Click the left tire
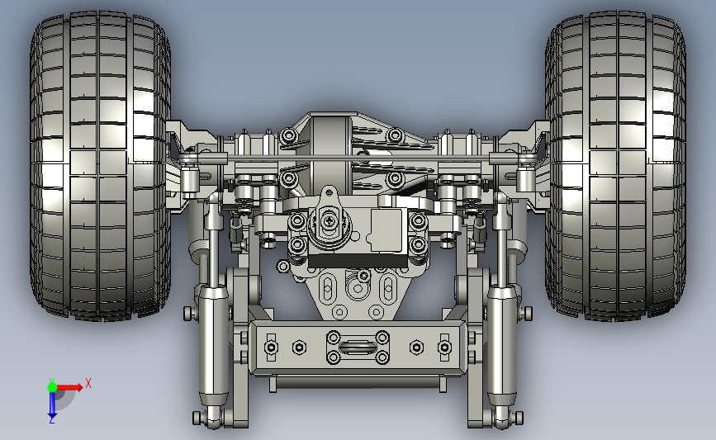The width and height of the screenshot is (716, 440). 101,165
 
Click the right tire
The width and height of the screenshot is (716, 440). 615,165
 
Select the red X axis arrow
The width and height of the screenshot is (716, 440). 69,387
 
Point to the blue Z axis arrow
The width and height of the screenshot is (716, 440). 52,405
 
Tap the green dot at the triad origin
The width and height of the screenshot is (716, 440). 52,387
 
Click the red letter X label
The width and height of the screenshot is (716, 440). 88,383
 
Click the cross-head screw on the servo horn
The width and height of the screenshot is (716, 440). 329,221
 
